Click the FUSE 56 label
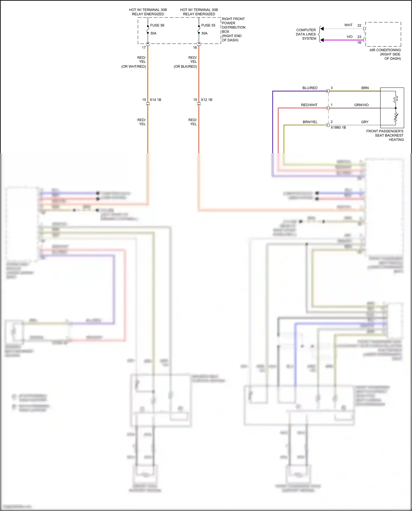click(x=157, y=25)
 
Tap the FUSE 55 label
click(x=208, y=25)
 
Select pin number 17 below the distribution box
click(x=144, y=48)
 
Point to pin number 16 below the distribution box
click(x=195, y=48)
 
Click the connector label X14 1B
click(x=155, y=100)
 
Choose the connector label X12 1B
click(x=207, y=100)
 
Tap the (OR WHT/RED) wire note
click(x=134, y=66)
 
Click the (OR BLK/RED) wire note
click(x=185, y=66)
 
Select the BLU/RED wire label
click(x=310, y=88)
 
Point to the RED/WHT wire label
click(x=309, y=105)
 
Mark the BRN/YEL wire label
click(x=310, y=122)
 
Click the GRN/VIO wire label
click(x=361, y=105)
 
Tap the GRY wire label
click(x=365, y=122)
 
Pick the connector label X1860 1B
click(x=338, y=127)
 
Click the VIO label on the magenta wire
click(x=349, y=37)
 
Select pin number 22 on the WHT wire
click(x=359, y=25)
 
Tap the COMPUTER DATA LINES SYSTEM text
click(x=306, y=34)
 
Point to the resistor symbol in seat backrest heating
click(x=396, y=118)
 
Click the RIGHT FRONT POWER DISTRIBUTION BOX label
click(x=233, y=29)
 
